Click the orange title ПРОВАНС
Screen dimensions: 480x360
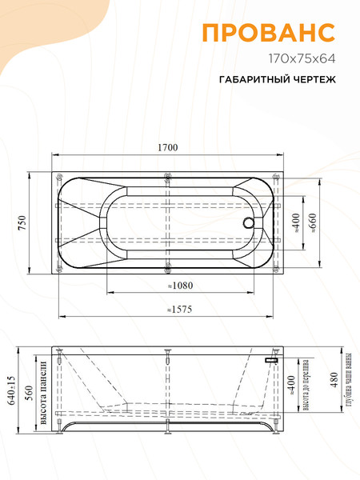coord(267,32)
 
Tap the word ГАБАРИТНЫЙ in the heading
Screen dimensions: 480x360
coord(250,81)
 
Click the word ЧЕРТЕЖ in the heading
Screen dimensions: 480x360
coord(310,81)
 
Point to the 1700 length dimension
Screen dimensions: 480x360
coord(166,146)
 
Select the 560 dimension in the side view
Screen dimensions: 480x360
coord(28,390)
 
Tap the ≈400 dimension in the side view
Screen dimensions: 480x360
coord(291,386)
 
